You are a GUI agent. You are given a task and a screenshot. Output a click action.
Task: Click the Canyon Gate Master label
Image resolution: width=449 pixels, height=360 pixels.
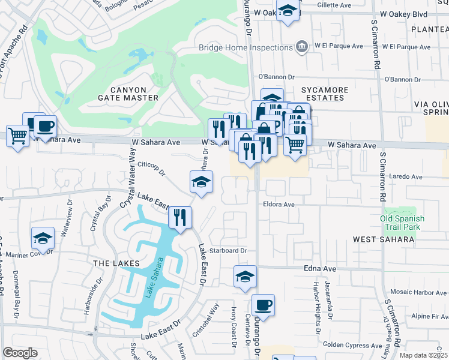pos(128,93)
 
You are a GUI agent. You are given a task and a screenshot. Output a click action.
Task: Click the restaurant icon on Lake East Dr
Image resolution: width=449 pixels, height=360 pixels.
pos(179,217)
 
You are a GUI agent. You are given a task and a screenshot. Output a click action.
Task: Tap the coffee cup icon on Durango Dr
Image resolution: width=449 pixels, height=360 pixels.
pos(263,305)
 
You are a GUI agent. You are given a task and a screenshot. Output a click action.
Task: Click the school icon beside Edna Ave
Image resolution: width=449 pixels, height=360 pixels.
pos(245,276)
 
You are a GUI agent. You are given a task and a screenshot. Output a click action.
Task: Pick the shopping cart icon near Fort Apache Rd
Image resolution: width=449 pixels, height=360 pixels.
pos(18,136)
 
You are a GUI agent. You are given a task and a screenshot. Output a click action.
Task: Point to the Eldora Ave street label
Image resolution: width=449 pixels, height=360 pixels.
pos(279,205)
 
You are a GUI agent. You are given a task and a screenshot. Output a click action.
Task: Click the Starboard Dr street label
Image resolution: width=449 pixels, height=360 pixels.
pos(228,250)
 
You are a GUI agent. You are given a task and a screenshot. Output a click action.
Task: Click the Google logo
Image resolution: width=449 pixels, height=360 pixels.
pos(20,352)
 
